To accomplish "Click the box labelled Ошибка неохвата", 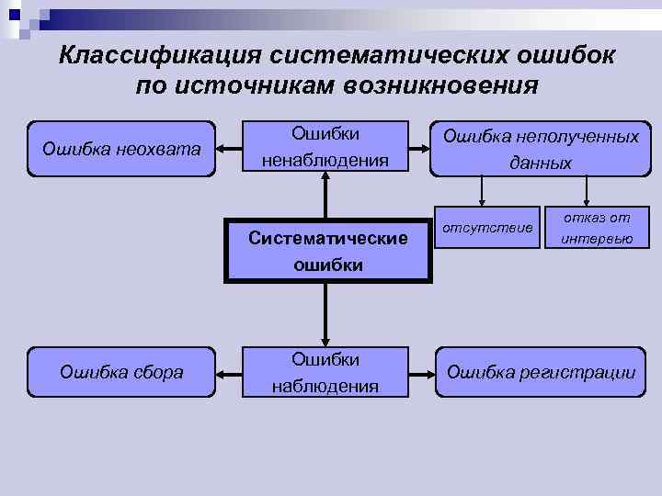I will (122, 148).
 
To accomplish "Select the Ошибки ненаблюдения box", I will (325, 148).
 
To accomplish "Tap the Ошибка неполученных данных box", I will (540, 148).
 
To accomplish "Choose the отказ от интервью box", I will (597, 228).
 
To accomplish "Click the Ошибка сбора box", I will (122, 372).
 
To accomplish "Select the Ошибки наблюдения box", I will (325, 372).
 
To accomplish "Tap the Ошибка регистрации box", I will (540, 372).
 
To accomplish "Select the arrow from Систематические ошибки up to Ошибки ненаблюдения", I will (325, 197).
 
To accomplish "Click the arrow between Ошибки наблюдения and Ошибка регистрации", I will (420, 373).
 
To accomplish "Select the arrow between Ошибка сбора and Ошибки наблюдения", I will (229, 373).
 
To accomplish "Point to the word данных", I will (541, 163).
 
